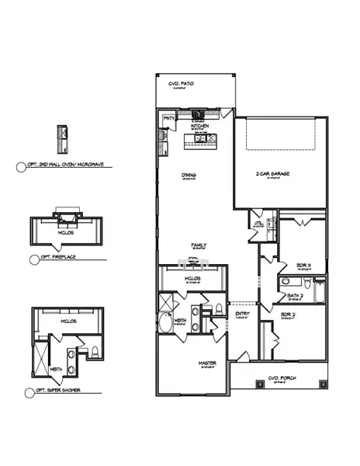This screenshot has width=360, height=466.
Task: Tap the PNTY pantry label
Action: [x=167, y=118]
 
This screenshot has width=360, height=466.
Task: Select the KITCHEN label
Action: [x=201, y=124]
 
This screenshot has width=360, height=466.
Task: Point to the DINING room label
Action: [x=189, y=175]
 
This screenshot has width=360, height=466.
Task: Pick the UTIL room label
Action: [x=258, y=224]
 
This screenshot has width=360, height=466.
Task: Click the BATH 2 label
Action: [x=294, y=295]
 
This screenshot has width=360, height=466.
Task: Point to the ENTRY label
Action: [x=241, y=314]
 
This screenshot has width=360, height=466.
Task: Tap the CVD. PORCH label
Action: [x=279, y=379]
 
